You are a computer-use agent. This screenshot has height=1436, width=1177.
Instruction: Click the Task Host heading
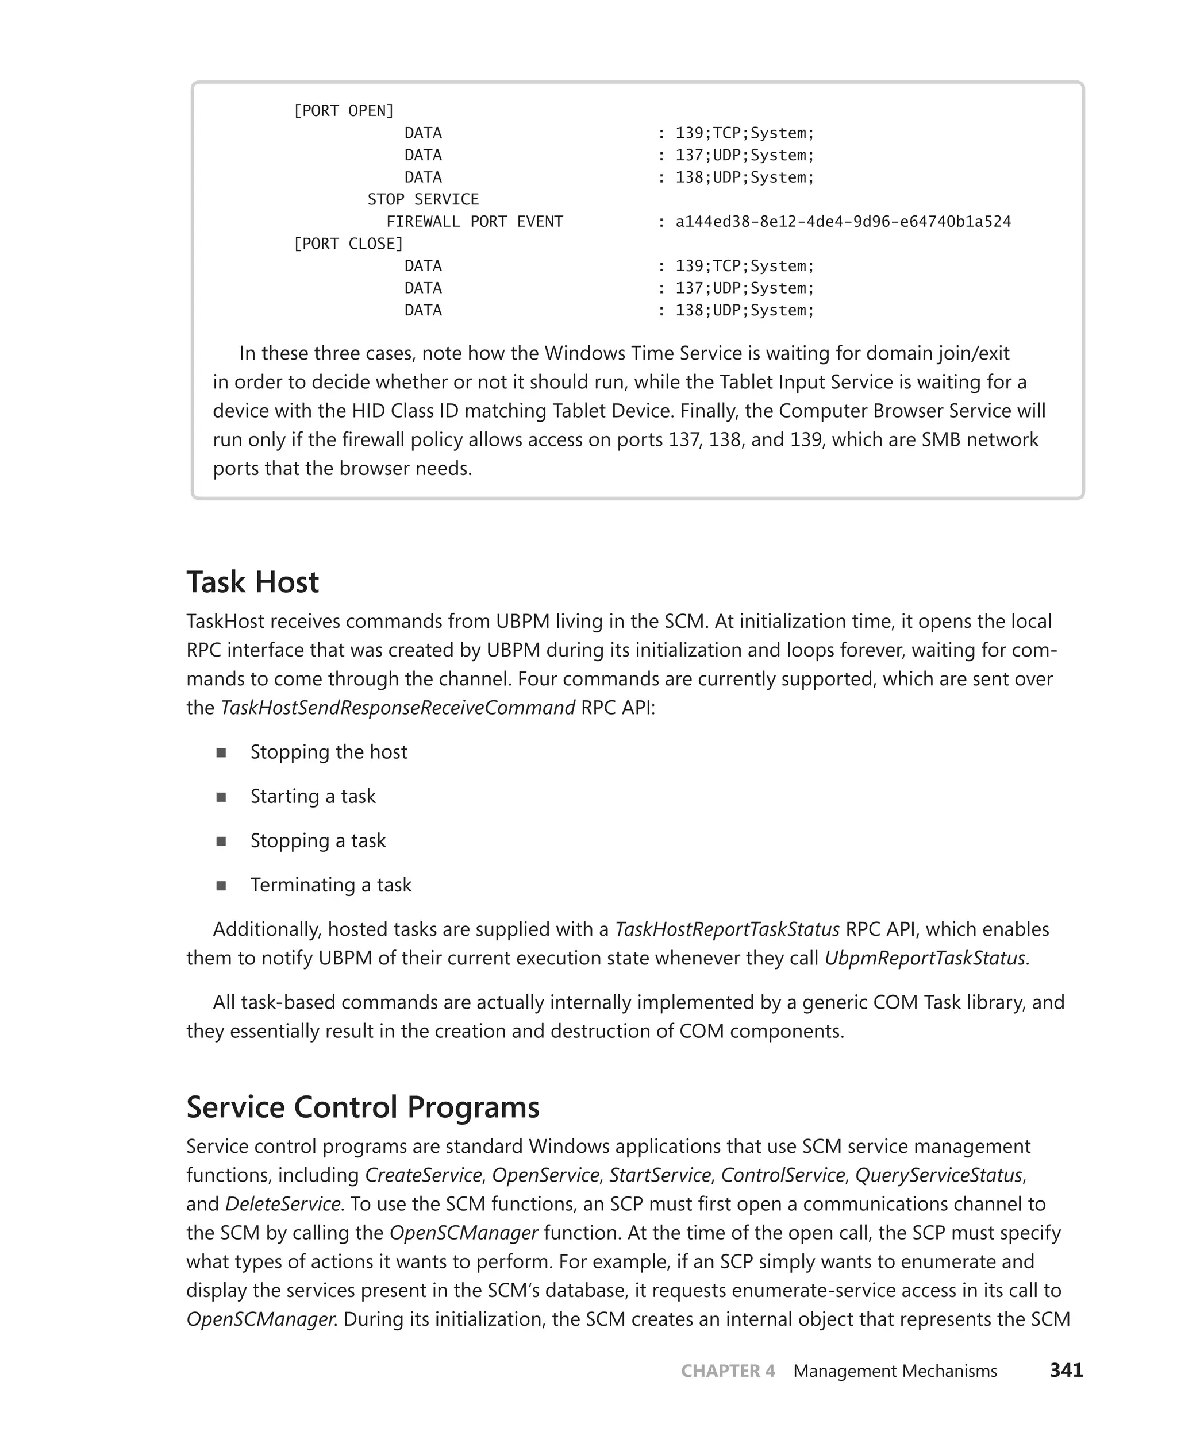pyautogui.click(x=252, y=582)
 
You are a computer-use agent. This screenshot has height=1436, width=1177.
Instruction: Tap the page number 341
pyautogui.click(x=1066, y=1371)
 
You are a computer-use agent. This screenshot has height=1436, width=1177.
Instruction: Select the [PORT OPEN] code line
pyautogui.click(x=343, y=110)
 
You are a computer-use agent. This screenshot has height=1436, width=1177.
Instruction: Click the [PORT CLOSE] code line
pyautogui.click(x=348, y=244)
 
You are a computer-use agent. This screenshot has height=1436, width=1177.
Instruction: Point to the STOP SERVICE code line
pyautogui.click(x=422, y=199)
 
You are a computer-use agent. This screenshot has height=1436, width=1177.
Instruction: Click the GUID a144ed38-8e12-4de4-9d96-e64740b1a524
pyautogui.click(x=843, y=222)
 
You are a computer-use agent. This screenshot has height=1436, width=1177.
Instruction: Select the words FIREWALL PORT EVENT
pyautogui.click(x=475, y=222)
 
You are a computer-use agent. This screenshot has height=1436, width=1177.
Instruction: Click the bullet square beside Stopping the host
pyautogui.click(x=221, y=753)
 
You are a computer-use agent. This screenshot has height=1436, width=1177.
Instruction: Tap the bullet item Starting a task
pyautogui.click(x=313, y=796)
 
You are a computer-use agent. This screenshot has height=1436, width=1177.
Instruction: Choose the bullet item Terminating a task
pyautogui.click(x=331, y=885)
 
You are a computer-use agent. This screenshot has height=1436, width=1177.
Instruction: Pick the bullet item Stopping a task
pyautogui.click(x=317, y=841)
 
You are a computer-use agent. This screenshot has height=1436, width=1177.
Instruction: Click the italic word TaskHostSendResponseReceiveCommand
pyautogui.click(x=398, y=708)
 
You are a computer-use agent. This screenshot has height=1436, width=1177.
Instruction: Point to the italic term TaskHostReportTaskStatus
pyautogui.click(x=727, y=929)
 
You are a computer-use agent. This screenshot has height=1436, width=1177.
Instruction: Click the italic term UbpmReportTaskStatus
pyautogui.click(x=925, y=958)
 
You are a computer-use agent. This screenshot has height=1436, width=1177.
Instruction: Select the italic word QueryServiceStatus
pyautogui.click(x=938, y=1175)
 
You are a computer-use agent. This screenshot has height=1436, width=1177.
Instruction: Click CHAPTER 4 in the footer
pyautogui.click(x=728, y=1371)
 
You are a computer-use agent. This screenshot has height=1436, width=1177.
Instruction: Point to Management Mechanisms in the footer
pyautogui.click(x=895, y=1371)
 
